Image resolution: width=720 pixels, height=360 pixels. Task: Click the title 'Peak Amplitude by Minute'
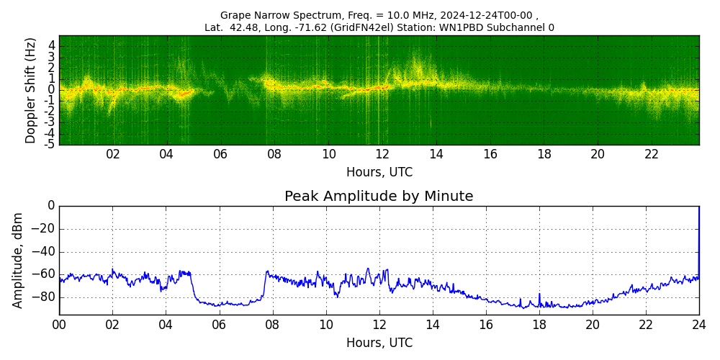pos(379,197)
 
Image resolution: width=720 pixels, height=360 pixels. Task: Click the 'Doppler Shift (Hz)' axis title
pos(31,91)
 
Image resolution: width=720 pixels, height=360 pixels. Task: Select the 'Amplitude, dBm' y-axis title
pos(18,260)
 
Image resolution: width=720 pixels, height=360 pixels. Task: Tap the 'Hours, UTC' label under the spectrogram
pos(379,173)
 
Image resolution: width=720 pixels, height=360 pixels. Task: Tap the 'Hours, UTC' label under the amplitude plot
pos(379,343)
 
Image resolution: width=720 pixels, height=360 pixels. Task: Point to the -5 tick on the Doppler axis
pos(50,144)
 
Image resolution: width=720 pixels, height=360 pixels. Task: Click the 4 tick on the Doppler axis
pos(52,45)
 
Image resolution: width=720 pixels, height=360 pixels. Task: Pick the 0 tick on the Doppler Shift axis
pos(52,90)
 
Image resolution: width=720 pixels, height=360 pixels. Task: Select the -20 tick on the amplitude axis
pos(45,229)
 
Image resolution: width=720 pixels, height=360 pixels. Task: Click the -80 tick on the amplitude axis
pos(45,297)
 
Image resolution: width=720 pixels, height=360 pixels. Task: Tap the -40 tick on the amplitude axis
pos(45,251)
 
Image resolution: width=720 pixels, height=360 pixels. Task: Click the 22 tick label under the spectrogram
pos(652,155)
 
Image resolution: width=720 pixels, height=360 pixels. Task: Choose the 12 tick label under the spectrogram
pos(382,155)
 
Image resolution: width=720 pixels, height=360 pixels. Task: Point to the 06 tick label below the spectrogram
pos(220,155)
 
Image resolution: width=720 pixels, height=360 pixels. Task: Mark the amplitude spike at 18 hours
pos(539,295)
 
